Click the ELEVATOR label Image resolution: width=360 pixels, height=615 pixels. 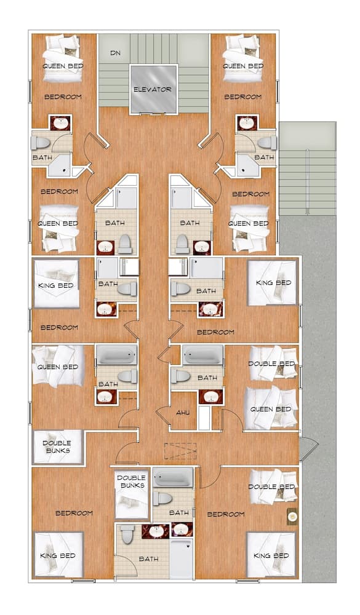153,90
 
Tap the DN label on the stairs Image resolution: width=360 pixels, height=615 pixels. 115,53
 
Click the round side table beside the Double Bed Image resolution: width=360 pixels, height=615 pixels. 292,517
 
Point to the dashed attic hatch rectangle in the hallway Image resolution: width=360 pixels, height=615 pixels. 180,450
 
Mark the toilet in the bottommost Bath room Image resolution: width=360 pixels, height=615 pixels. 127,534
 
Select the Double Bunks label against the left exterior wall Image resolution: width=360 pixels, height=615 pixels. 57,446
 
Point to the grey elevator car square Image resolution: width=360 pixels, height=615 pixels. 153,90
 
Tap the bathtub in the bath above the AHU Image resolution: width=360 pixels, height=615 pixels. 202,355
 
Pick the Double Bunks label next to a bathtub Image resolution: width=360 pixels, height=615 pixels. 131,481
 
